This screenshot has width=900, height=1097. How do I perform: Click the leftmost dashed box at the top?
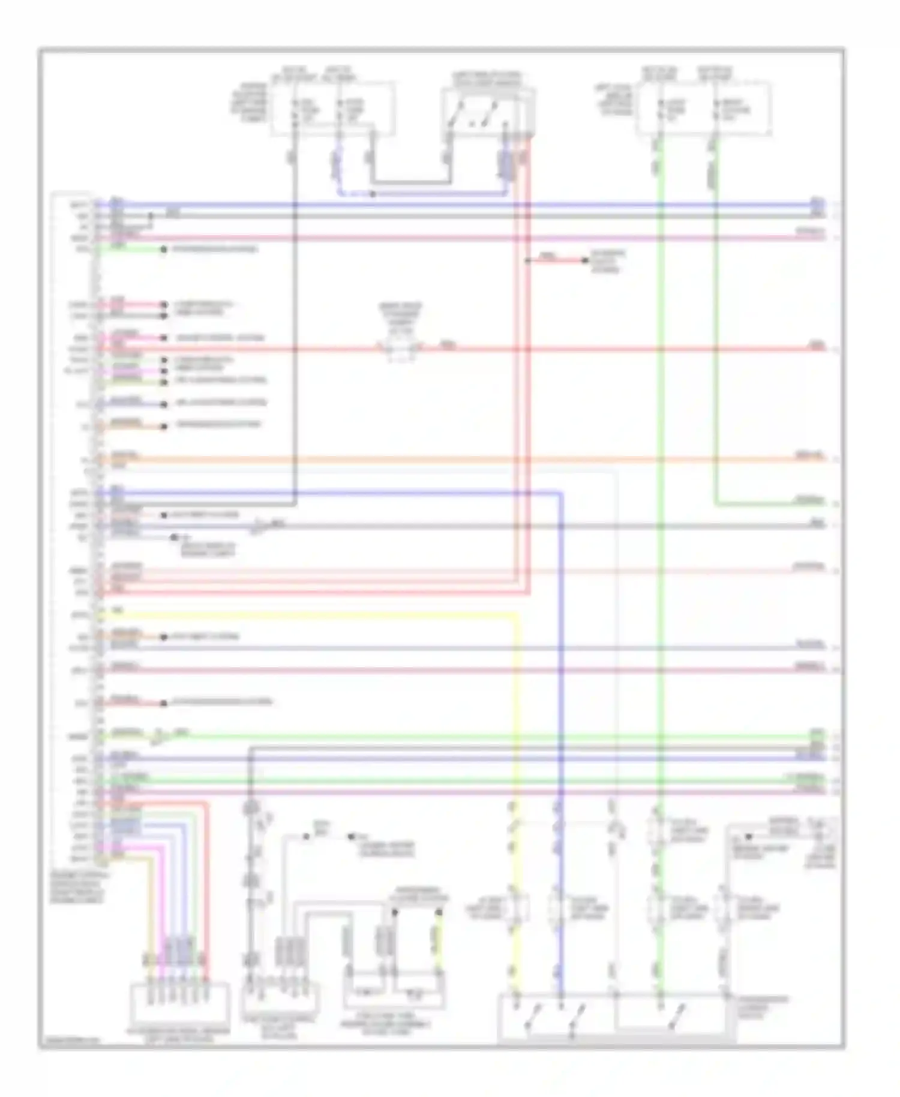333,109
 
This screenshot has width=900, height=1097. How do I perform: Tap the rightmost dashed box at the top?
703,109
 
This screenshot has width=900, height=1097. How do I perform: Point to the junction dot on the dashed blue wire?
373,194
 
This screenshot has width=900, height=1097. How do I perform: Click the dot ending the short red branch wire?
586,260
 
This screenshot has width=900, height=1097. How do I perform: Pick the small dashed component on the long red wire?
401,348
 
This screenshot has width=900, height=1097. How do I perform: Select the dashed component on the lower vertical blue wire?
560,909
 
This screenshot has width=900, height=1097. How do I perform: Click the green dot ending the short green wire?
163,249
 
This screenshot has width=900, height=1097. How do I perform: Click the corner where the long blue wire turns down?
562,493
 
